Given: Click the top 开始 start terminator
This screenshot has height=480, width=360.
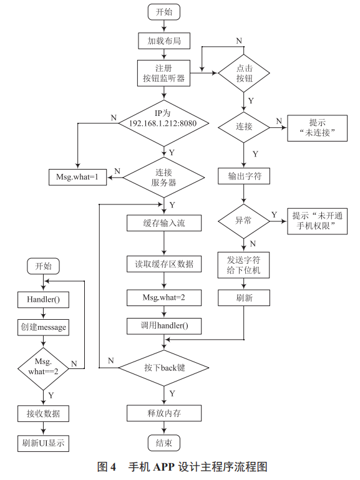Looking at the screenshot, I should tap(163, 12).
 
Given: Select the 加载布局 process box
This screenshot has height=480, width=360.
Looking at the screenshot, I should tap(163, 41).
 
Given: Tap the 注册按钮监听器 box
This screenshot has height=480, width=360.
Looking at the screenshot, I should tap(163, 73).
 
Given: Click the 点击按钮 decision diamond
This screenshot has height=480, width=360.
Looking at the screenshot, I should tap(243, 73).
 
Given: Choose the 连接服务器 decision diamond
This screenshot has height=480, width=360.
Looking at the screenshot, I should tap(163, 178).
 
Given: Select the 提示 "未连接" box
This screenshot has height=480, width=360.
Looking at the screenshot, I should tap(317, 127).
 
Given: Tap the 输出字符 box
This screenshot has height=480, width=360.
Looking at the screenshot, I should tap(243, 176).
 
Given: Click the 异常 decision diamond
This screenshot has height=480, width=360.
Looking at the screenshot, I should tap(243, 221).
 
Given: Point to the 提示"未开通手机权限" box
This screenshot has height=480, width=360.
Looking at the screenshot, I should tap(317, 221).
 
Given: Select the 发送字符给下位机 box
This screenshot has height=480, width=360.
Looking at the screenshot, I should tap(243, 265).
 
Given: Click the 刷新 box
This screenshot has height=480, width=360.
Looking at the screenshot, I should tap(243, 299).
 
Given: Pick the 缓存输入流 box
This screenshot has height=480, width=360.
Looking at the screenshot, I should tap(163, 223).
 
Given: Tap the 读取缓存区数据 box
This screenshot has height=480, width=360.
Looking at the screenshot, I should tap(163, 264).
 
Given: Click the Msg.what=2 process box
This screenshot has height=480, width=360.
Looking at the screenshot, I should tap(163, 298).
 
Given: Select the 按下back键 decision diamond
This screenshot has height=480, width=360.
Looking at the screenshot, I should tap(163, 368).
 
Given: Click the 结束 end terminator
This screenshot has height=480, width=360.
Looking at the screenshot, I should tap(163, 443).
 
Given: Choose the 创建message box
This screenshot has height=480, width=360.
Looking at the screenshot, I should tap(42, 327).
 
